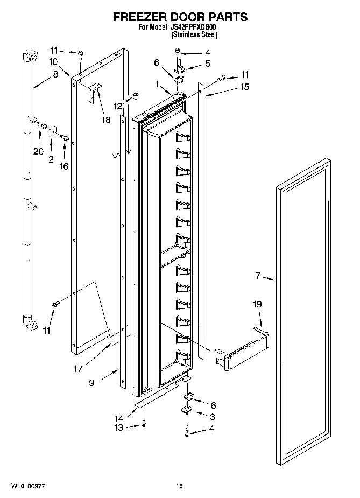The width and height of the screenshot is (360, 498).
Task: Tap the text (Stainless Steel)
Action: pos(194,34)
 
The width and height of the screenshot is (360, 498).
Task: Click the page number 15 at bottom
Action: pos(180,486)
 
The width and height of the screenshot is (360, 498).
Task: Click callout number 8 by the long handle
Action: pos(55,75)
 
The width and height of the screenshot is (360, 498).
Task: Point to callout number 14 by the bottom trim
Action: pos(119,418)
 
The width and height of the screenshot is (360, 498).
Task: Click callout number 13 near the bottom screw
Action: pos(118,427)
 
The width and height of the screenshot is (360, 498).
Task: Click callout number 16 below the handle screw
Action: pos(63,166)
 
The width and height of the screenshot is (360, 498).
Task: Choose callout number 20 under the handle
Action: pos(38,151)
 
